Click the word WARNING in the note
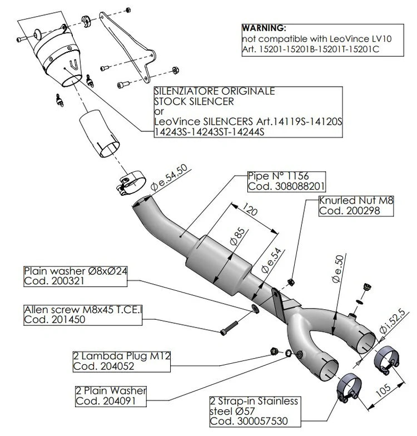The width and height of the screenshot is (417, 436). [x=264, y=27]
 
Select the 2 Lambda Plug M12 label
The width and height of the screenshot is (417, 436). [x=115, y=355]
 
